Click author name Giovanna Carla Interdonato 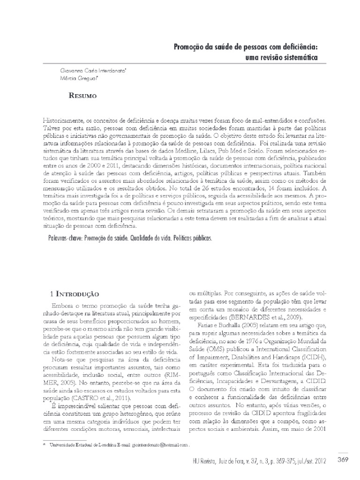tap(90, 69)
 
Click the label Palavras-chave tap(65, 238)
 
